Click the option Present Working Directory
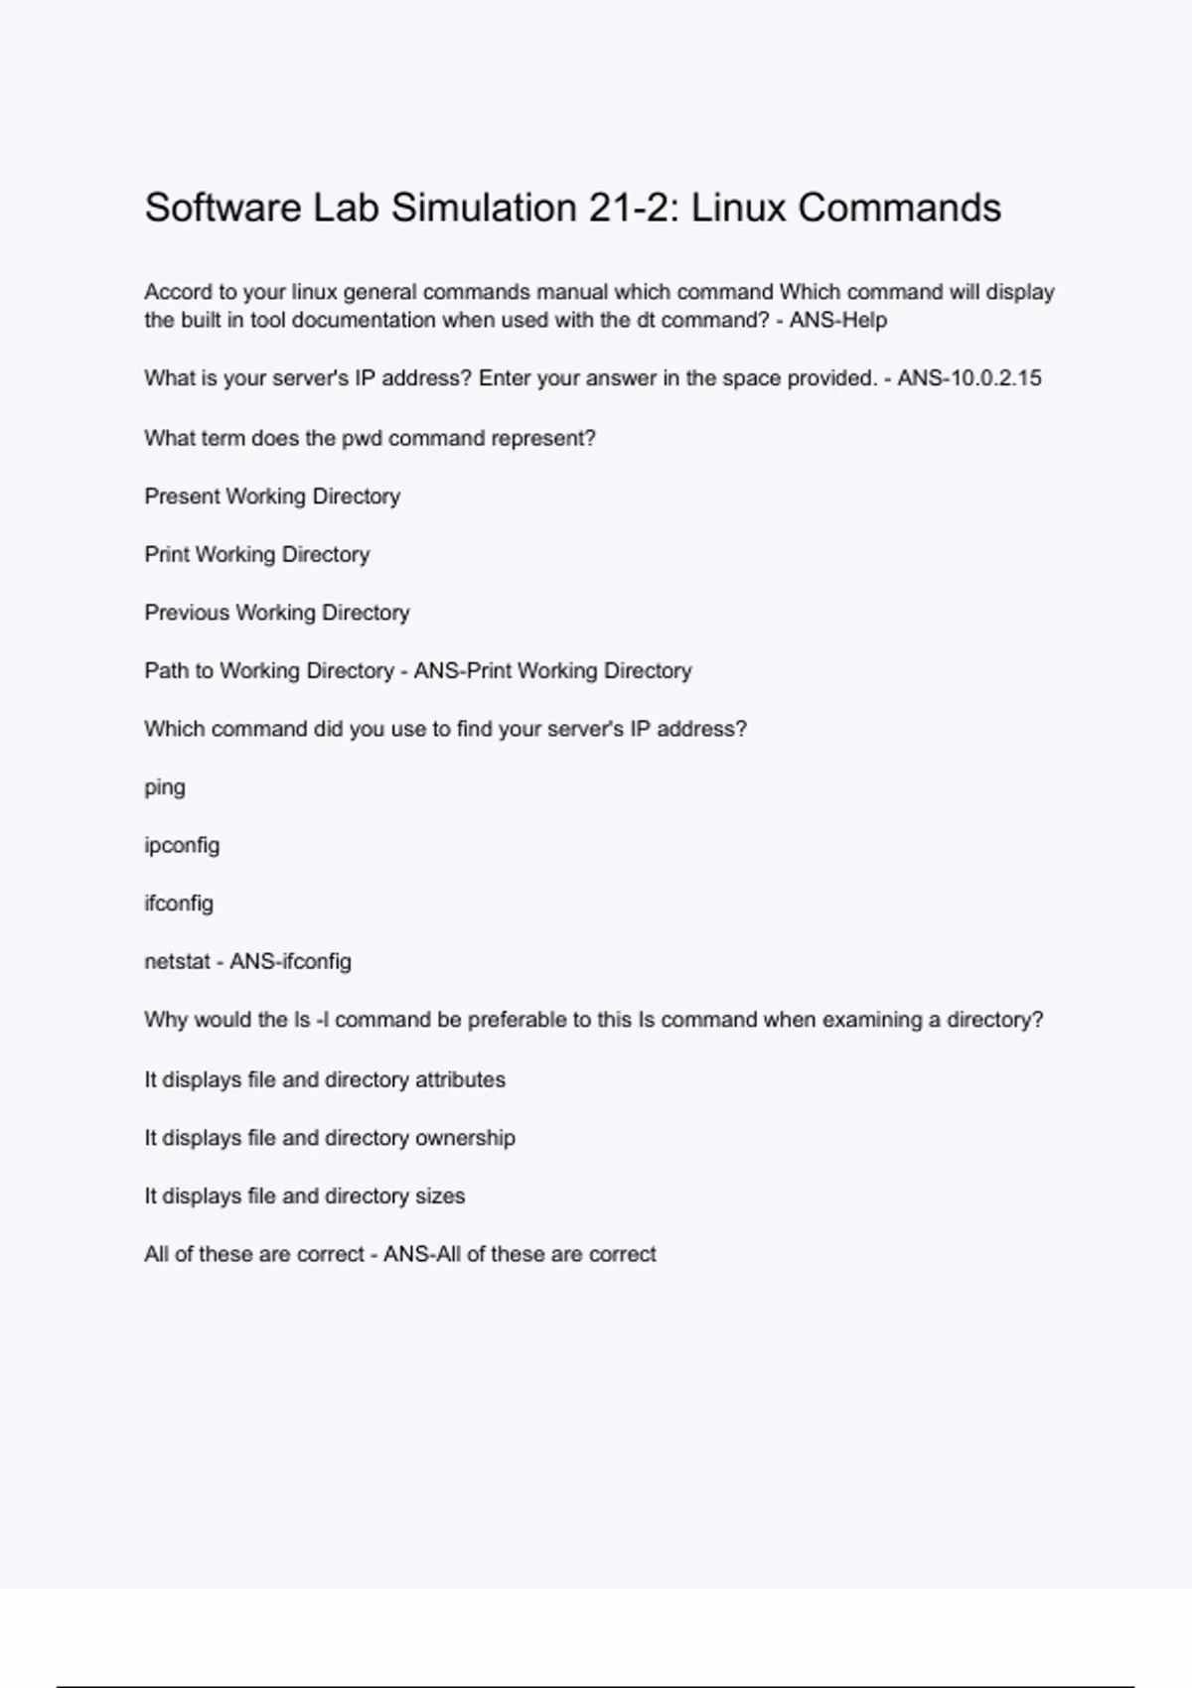[x=272, y=496]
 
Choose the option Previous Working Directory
[x=277, y=613]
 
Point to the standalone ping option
[x=165, y=787]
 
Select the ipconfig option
[x=182, y=846]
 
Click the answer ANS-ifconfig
[x=290, y=962]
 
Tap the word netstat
[x=177, y=962]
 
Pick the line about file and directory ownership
[x=330, y=1138]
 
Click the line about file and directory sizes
[x=304, y=1196]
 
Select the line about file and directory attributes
[x=325, y=1080]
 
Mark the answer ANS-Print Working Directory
[x=552, y=671]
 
